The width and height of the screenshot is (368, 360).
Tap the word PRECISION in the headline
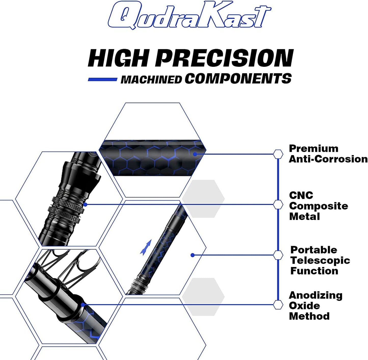tap(224, 58)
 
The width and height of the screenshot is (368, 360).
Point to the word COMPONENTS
tap(238, 78)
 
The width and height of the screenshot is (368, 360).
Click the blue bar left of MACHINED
tap(102, 79)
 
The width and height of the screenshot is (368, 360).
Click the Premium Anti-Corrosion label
tap(328, 154)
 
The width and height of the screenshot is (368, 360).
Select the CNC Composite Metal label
tap(318, 206)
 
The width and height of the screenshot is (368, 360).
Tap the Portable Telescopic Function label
tap(320, 260)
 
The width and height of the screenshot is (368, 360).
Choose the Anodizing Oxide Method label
tap(315, 305)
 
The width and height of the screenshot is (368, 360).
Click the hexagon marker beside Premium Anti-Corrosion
tap(278, 154)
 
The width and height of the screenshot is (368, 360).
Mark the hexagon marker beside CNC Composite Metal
tap(278, 205)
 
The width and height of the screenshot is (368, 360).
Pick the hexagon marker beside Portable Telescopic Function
tap(278, 255)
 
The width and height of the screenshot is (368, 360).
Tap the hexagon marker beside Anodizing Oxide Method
tap(278, 304)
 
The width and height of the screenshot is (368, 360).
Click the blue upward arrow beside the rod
tap(146, 247)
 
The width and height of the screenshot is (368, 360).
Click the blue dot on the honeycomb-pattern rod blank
tap(195, 154)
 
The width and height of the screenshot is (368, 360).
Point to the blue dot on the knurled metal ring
tap(85, 205)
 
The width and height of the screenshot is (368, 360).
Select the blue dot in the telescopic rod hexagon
tap(193, 255)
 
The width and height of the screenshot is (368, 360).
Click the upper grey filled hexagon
tap(203, 199)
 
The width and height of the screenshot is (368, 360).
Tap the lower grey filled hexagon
tap(203, 297)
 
